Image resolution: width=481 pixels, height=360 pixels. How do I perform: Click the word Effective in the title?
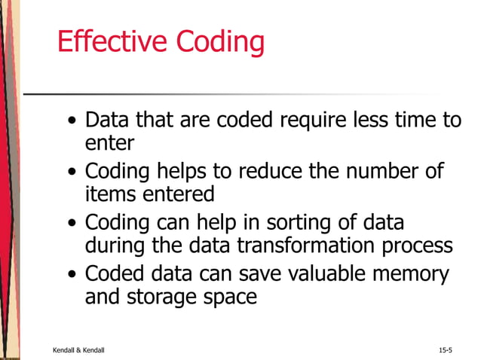(112, 43)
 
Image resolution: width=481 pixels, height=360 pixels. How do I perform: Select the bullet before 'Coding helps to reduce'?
(71, 172)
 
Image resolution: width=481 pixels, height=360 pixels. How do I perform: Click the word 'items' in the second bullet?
(108, 194)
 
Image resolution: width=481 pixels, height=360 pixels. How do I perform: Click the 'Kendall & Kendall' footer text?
(78, 350)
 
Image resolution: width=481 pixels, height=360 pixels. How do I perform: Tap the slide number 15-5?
(445, 350)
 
